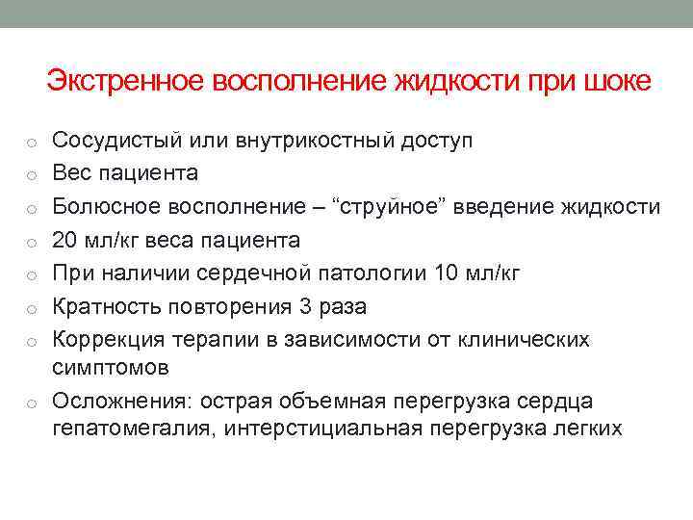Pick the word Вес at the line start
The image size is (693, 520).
point(70,173)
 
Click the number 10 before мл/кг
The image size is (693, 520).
point(447,273)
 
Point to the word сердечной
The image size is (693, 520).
point(252,273)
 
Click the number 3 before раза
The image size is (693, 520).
point(308,306)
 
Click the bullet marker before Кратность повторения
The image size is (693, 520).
point(32,308)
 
